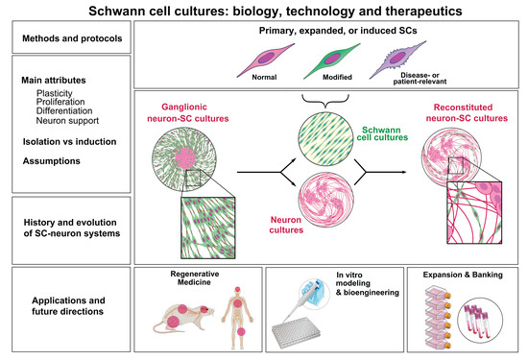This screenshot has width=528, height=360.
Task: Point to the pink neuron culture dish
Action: (325, 208)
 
